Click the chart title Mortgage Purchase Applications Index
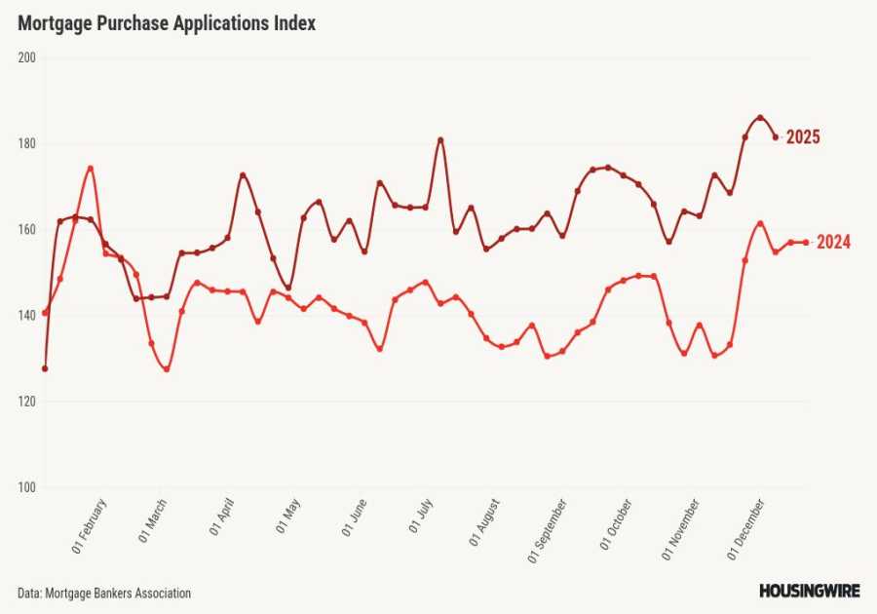[x=167, y=24]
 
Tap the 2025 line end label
[x=803, y=137]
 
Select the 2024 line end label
[x=833, y=243]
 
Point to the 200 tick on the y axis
[x=26, y=58]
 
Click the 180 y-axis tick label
[x=26, y=143]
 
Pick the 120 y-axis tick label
[x=26, y=402]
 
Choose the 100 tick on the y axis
[x=26, y=487]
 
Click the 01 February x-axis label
[x=90, y=526]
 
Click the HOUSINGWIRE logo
[x=809, y=591]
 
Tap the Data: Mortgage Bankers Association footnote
[x=104, y=593]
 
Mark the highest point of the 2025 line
[x=760, y=118]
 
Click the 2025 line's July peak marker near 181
[x=440, y=139]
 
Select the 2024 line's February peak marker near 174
[x=90, y=168]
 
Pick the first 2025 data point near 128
[x=45, y=368]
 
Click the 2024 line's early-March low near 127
[x=167, y=369]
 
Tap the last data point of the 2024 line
[x=806, y=243]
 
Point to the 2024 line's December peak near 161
[x=760, y=223]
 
